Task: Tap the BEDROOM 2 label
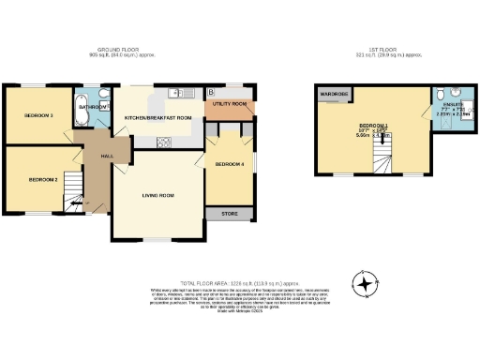[x=43, y=179]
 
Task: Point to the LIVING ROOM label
[x=158, y=195]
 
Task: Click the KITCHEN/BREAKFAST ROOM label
[x=158, y=117]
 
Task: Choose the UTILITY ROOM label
[x=229, y=103]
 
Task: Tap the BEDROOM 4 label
[x=230, y=165]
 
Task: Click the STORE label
[x=230, y=214]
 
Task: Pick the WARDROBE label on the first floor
[x=335, y=95]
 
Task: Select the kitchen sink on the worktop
[x=175, y=92]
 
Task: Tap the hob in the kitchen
[x=163, y=142]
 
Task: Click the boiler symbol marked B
[x=212, y=91]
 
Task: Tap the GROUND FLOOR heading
[x=127, y=51]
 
